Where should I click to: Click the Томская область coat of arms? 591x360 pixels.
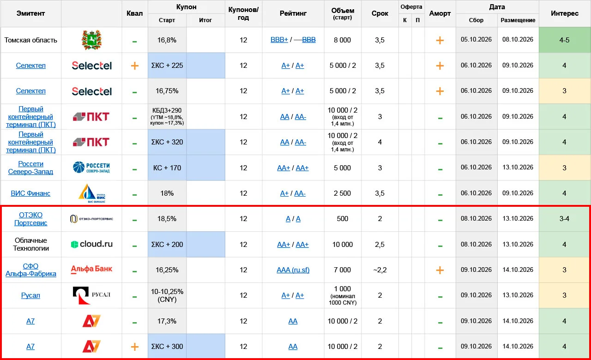click(91, 40)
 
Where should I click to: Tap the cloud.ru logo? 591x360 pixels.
click(91, 244)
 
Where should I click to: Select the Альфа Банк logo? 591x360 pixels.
click(91, 269)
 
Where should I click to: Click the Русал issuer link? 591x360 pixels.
click(30, 295)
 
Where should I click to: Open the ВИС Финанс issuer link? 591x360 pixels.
click(30, 193)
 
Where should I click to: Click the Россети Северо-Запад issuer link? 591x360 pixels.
click(30, 168)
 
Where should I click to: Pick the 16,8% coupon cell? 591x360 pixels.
click(167, 40)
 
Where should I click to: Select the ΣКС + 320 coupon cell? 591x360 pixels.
click(167, 142)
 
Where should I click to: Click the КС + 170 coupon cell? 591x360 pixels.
click(167, 168)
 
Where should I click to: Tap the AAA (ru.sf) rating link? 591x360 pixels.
click(293, 270)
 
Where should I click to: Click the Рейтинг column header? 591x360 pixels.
click(293, 13)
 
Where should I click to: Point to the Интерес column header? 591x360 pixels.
click(565, 13)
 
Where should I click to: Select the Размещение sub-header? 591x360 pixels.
click(518, 20)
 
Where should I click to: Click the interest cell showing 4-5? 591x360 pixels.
click(564, 40)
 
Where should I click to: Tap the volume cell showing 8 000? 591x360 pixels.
click(343, 40)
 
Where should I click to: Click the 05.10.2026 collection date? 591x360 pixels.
click(476, 40)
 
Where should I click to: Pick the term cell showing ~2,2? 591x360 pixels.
click(380, 270)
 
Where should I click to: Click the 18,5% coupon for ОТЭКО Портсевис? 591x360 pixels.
click(167, 219)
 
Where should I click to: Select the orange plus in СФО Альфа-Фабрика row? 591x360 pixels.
click(440, 270)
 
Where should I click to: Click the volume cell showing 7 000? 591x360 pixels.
click(343, 270)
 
